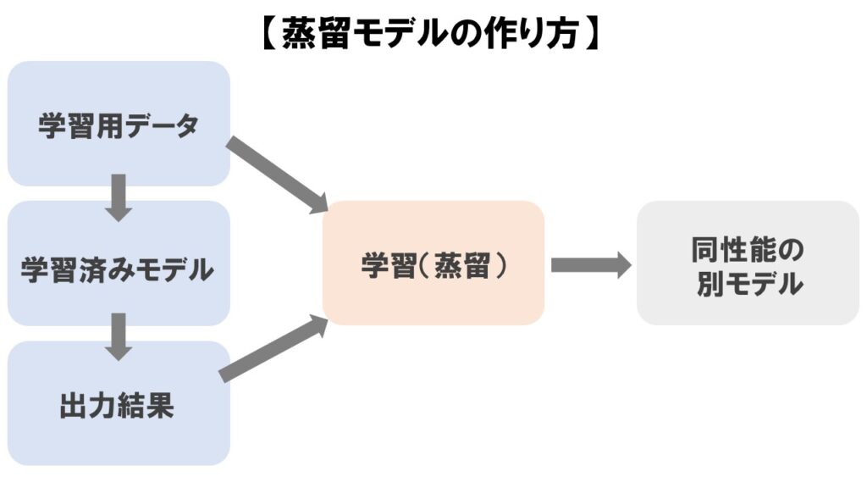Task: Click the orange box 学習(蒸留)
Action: [433, 263]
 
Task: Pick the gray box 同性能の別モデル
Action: [748, 263]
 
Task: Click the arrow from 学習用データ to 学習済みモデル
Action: [119, 197]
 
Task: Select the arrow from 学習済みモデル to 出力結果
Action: [119, 335]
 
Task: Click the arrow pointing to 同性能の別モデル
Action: [590, 265]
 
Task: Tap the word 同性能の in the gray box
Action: [748, 249]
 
